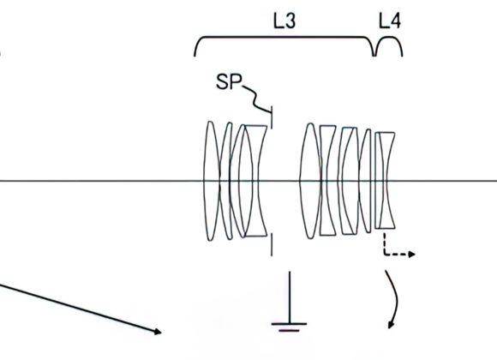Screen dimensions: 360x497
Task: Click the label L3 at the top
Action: [x=284, y=21]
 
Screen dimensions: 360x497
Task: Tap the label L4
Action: [x=390, y=21]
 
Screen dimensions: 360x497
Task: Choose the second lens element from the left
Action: [x=227, y=181]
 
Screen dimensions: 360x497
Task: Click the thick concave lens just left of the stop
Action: [x=254, y=181]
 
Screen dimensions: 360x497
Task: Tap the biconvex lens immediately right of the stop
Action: [x=308, y=181]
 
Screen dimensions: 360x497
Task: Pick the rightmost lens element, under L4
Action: [x=386, y=181]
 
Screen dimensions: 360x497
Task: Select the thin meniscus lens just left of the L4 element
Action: [x=368, y=181]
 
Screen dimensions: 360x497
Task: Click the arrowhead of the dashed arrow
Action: [x=413, y=255]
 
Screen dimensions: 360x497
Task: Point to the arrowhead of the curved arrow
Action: [x=392, y=325]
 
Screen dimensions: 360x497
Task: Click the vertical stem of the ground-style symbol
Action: [x=289, y=296]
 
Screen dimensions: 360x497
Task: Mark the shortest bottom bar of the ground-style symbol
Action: [x=289, y=328]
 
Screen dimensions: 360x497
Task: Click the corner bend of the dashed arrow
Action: [x=383, y=255]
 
